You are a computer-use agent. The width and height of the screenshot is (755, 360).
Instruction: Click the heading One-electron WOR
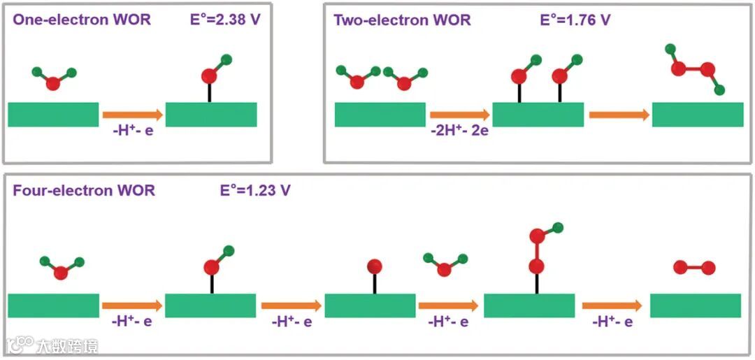click(81, 19)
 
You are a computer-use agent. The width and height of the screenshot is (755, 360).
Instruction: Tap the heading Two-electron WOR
click(402, 20)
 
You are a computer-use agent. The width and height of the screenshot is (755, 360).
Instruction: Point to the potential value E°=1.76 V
click(575, 20)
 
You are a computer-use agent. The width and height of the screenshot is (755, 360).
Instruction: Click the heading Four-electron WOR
click(84, 190)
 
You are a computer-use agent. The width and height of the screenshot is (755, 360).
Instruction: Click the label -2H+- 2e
click(459, 131)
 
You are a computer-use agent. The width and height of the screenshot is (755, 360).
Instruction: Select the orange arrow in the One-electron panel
click(131, 114)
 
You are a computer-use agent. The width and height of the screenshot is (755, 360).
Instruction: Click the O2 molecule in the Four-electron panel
click(694, 268)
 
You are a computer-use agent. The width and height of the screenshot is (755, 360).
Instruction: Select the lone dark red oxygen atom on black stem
click(374, 266)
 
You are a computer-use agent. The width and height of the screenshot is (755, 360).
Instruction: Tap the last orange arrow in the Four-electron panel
click(612, 305)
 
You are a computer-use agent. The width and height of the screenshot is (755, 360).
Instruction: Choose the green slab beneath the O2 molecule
click(695, 305)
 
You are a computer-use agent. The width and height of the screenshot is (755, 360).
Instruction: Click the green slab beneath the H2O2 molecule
click(697, 114)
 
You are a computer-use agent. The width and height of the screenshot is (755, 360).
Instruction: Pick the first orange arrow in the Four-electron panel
click(131, 305)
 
